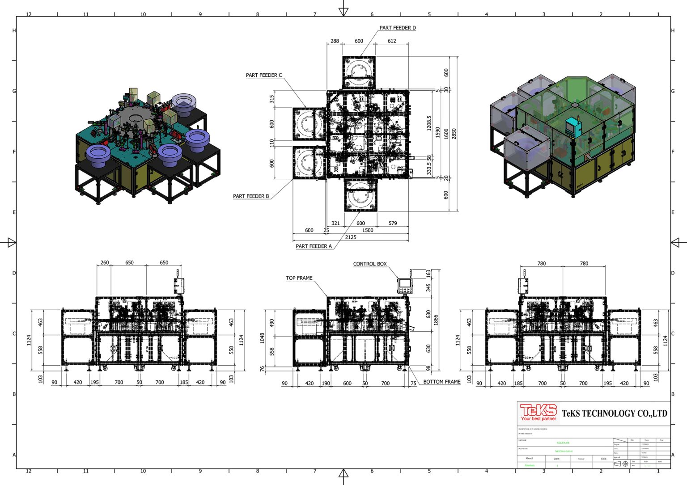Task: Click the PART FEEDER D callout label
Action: click(397, 28)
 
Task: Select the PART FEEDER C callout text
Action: click(264, 75)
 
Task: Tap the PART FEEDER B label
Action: click(251, 196)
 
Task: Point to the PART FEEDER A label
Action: click(314, 246)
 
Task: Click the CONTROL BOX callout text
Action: click(370, 264)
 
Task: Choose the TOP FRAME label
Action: click(299, 278)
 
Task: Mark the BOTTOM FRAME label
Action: click(441, 382)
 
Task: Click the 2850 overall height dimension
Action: click(454, 134)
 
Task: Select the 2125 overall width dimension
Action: click(351, 237)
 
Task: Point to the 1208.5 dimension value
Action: click(429, 123)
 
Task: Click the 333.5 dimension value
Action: click(429, 168)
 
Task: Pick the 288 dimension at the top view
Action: click(335, 41)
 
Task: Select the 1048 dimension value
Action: click(263, 338)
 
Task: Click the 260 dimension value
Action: click(105, 263)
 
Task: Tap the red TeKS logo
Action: click(539, 413)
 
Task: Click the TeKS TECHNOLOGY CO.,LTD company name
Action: click(614, 413)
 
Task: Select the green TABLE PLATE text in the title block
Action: click(563, 443)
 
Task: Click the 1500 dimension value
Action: click(368, 230)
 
